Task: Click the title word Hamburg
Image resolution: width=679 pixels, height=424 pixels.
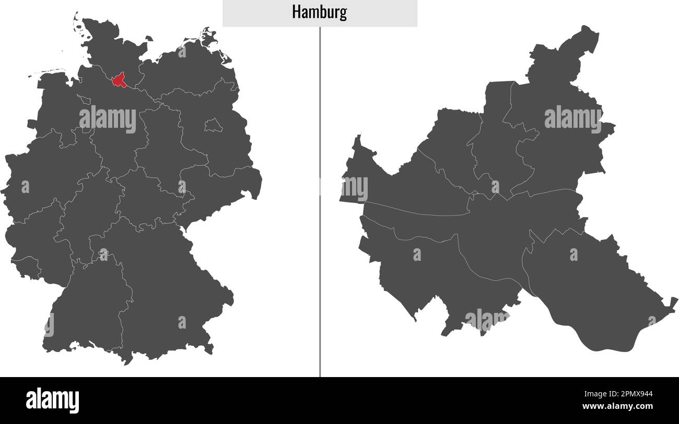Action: (x=319, y=13)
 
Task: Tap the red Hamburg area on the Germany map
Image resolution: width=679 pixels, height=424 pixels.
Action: (x=119, y=80)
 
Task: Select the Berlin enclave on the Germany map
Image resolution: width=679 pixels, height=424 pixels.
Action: (x=213, y=125)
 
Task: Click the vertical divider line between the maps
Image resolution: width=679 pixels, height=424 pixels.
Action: (x=320, y=209)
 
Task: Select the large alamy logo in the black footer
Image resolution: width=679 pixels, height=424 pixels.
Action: (x=52, y=401)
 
